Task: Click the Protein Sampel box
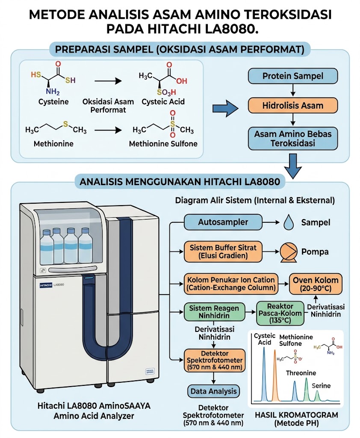293,76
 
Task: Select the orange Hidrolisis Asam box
293,106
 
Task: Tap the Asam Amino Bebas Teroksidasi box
293,139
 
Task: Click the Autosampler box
223,222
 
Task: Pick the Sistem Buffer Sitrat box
223,252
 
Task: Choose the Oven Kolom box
316,284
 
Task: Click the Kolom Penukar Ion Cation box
231,284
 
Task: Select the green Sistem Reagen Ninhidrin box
214,312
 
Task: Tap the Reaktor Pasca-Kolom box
280,313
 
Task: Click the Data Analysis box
213,391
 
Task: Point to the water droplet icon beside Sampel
289,222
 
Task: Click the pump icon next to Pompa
289,252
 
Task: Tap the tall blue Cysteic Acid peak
264,374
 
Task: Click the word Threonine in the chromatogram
301,373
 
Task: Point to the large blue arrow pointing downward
293,166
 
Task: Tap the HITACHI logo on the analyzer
46,285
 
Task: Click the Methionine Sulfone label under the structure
163,144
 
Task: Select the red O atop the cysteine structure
58,64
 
